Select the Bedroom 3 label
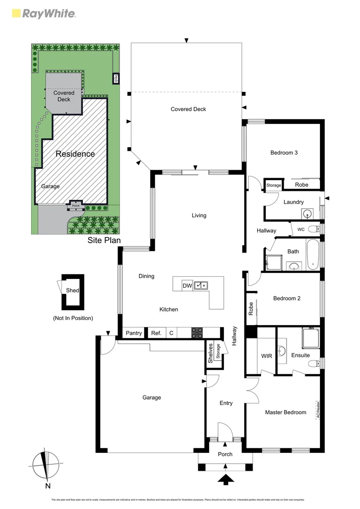click(284, 153)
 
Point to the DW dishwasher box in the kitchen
click(187, 286)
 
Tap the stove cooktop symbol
click(197, 333)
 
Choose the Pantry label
click(134, 333)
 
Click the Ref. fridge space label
click(156, 333)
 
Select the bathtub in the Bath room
click(313, 254)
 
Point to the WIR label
click(266, 356)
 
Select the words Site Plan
click(104, 240)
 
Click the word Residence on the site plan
click(75, 154)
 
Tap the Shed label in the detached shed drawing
click(72, 291)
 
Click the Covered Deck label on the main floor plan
click(188, 109)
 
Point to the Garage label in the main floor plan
click(152, 397)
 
